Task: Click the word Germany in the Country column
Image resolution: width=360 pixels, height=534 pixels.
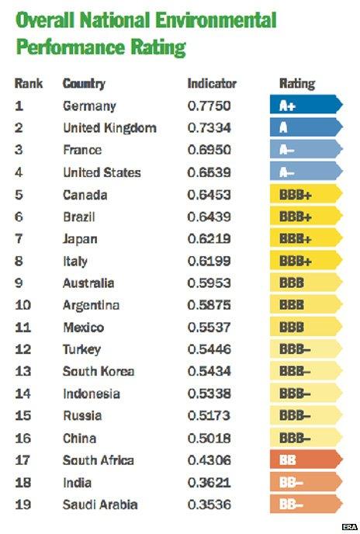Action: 89,106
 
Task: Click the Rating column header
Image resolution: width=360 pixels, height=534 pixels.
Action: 297,83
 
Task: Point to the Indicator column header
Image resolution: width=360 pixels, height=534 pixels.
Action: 212,83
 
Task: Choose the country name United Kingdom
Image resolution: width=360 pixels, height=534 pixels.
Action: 109,127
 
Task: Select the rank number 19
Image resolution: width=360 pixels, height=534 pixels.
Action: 24,505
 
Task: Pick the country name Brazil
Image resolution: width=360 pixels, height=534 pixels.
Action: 79,217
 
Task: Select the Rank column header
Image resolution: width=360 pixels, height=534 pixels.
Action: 29,83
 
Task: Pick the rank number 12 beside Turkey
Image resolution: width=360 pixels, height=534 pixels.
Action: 24,350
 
